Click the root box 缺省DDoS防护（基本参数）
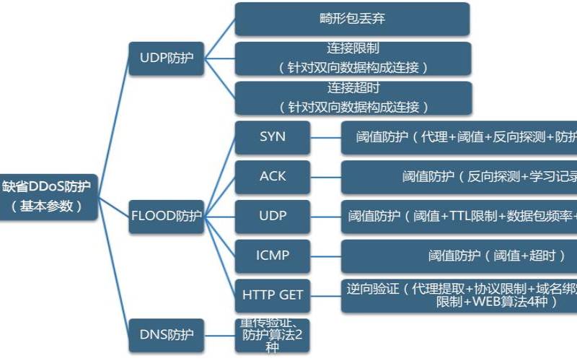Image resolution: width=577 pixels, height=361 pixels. click(x=48, y=196)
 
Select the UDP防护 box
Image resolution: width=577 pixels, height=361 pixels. click(x=166, y=58)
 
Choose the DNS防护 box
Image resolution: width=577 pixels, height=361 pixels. click(x=166, y=334)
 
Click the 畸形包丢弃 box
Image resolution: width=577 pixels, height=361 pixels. click(x=352, y=19)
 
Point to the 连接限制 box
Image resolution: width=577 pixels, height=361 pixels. click(x=352, y=58)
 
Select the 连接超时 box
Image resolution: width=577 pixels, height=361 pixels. click(x=352, y=97)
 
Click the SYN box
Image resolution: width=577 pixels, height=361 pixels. click(x=272, y=137)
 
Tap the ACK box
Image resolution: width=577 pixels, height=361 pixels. click(x=272, y=176)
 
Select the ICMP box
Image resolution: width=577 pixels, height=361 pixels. click(x=272, y=255)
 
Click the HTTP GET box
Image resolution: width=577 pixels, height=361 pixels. click(x=272, y=295)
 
